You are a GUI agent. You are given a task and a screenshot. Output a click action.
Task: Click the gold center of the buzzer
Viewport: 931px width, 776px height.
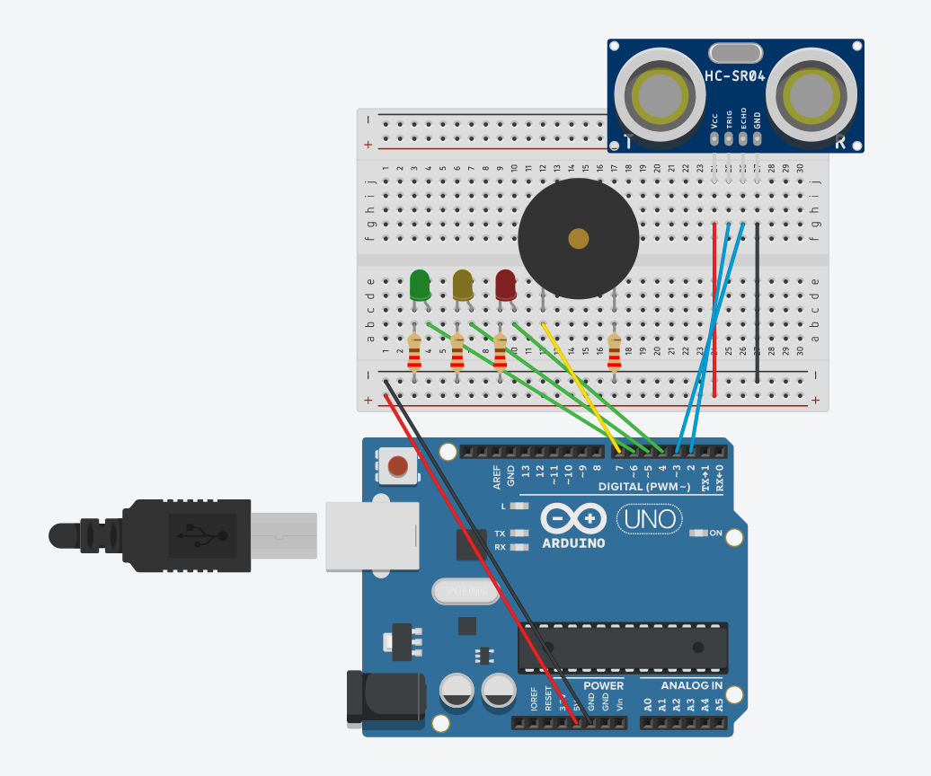pyautogui.click(x=579, y=238)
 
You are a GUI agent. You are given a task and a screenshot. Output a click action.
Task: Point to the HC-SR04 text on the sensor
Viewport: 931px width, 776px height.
pyautogui.click(x=735, y=77)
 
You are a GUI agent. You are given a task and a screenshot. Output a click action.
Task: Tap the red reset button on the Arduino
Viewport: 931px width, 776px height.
pyautogui.click(x=397, y=466)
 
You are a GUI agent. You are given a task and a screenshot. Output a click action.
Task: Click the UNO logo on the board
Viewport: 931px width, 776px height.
pyautogui.click(x=647, y=519)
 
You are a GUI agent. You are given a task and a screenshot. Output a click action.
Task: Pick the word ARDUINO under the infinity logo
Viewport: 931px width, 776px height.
pyautogui.click(x=573, y=542)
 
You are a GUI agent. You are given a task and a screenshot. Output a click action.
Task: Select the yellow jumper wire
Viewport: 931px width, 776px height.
pyautogui.click(x=581, y=386)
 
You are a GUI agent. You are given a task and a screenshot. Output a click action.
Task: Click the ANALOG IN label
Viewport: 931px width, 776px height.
pyautogui.click(x=691, y=685)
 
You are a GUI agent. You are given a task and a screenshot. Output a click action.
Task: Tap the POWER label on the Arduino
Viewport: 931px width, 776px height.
pyautogui.click(x=603, y=685)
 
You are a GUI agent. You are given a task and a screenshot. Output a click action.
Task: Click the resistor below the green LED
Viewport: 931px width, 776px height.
pyautogui.click(x=414, y=352)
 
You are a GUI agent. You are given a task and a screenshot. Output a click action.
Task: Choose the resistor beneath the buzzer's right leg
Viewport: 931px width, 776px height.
pyautogui.click(x=615, y=352)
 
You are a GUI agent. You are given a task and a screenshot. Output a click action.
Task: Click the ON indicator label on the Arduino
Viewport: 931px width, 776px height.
pyautogui.click(x=716, y=533)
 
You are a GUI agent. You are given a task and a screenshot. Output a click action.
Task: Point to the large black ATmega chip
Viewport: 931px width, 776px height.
pyautogui.click(x=622, y=648)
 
